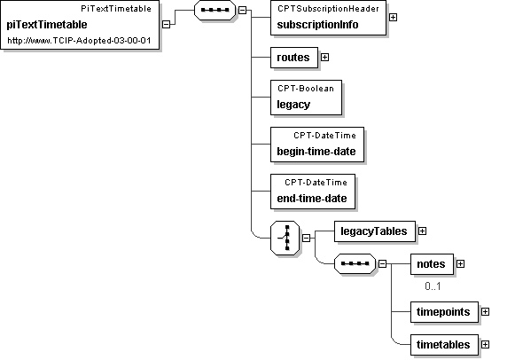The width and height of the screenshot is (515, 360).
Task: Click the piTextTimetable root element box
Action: (x=80, y=25)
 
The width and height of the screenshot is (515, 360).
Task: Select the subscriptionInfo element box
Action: (x=328, y=18)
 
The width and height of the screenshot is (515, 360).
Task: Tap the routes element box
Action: (x=294, y=58)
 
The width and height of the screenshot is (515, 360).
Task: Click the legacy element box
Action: (x=306, y=98)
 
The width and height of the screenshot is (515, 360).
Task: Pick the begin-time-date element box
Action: (x=317, y=145)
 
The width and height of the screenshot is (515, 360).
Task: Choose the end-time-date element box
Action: (x=313, y=192)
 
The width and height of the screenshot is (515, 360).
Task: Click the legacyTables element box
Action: (x=375, y=231)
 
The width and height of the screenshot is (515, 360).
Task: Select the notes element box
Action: (x=432, y=264)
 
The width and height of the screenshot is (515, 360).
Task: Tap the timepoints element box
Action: (x=444, y=312)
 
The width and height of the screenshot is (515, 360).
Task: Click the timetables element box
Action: (x=444, y=345)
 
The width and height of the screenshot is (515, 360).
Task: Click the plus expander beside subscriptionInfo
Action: (x=394, y=17)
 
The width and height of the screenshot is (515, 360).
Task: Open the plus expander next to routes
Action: (x=324, y=57)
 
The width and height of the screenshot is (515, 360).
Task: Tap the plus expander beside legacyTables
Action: (x=423, y=231)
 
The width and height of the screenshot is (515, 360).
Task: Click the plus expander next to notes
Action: (x=460, y=263)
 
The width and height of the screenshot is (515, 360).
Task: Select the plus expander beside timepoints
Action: (x=486, y=312)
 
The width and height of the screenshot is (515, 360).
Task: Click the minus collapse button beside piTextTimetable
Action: (x=167, y=24)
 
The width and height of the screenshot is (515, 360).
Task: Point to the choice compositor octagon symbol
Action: (x=285, y=238)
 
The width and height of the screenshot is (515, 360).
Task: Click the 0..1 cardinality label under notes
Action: (x=433, y=286)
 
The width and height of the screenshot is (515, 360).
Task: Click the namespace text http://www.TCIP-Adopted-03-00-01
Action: (x=79, y=41)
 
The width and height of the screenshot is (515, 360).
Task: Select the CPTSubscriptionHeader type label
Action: (x=328, y=9)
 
